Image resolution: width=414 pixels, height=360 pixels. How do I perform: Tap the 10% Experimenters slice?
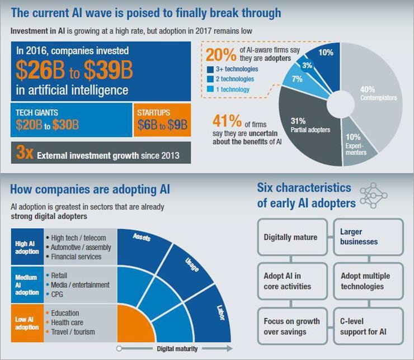(x=354, y=146)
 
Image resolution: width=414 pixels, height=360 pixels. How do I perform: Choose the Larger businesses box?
(x=368, y=236)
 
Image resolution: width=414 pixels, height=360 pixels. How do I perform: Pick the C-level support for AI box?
(x=368, y=327)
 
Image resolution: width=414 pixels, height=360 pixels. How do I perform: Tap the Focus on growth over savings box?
(x=291, y=327)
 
